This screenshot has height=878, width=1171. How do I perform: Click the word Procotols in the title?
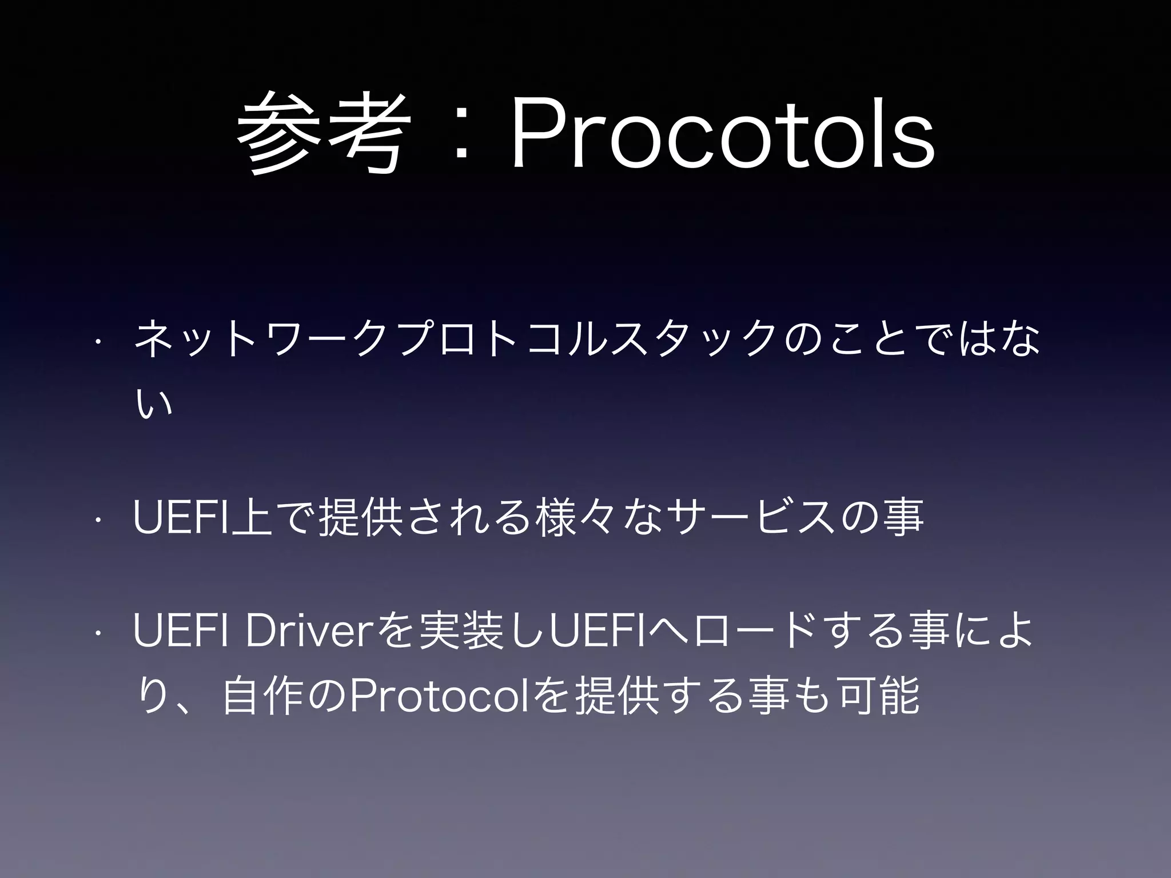coord(723,136)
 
